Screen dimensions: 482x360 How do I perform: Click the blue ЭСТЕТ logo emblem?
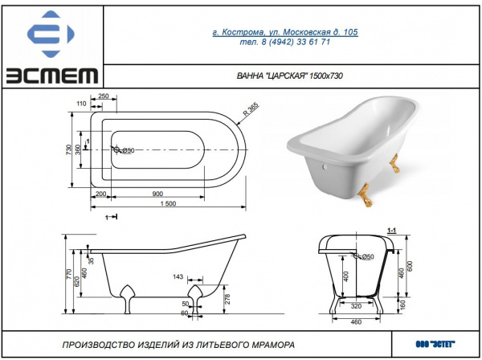coord(51,34)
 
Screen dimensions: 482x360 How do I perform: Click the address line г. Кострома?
coord(285,32)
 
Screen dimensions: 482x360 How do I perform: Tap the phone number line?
coord(285,42)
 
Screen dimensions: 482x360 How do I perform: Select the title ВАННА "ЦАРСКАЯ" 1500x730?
coord(289,76)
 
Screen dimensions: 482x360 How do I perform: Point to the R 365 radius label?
coord(251,109)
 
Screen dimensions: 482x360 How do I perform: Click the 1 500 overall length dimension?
coord(168,203)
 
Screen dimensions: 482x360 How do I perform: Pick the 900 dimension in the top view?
coord(157,194)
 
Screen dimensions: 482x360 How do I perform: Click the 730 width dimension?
coord(68,149)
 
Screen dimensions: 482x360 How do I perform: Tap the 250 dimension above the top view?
coord(104,96)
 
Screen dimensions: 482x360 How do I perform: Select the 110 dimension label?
coord(81,104)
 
